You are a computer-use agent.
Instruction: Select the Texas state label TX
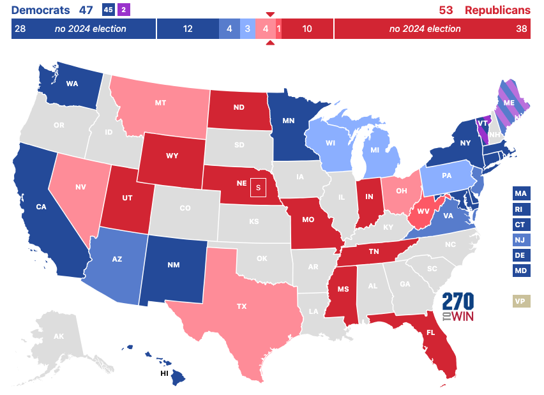click(x=241, y=306)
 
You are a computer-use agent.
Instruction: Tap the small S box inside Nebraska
click(x=258, y=188)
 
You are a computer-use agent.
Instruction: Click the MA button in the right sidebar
click(x=521, y=193)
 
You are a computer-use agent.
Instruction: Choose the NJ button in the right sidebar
click(x=521, y=240)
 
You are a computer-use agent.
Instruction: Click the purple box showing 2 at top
click(x=123, y=10)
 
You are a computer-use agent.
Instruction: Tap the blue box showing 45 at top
click(x=108, y=10)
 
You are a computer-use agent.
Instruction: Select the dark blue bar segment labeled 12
click(x=187, y=29)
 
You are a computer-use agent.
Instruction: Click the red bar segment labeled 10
click(x=307, y=29)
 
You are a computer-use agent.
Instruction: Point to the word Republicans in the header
click(x=497, y=10)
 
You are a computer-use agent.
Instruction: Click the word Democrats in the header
click(x=41, y=10)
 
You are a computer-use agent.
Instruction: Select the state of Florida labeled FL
click(x=431, y=332)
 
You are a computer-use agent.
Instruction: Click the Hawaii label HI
click(x=163, y=373)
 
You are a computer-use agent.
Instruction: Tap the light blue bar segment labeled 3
click(x=247, y=29)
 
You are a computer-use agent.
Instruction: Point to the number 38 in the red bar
click(x=521, y=29)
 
